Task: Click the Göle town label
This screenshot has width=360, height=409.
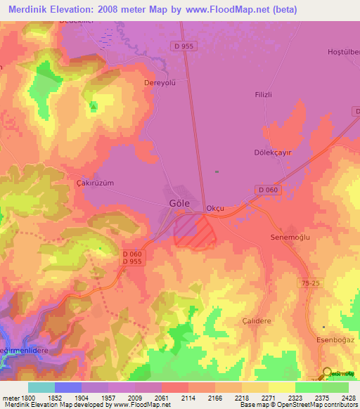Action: [179, 202]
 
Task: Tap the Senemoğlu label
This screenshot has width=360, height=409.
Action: [290, 238]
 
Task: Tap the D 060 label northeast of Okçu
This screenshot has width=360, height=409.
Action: [269, 190]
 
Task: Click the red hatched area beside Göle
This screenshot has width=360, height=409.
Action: [191, 230]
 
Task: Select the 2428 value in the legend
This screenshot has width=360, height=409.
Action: [347, 398]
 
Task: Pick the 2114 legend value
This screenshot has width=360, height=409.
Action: [188, 398]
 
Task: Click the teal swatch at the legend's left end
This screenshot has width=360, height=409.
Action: [41, 387]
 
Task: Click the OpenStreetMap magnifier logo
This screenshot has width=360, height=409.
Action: [327, 373]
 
